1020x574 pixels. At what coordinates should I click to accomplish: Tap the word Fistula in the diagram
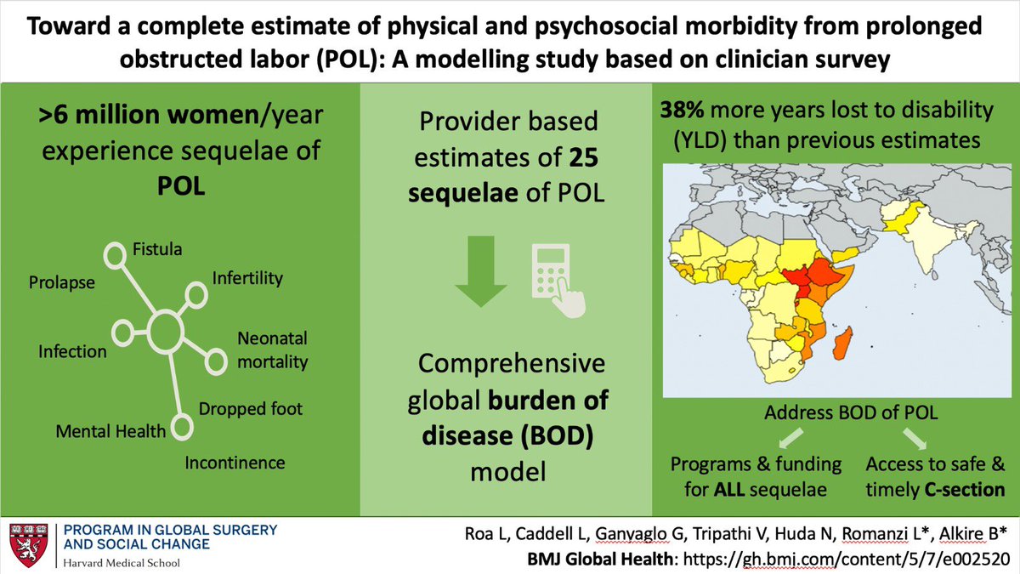pyautogui.click(x=158, y=250)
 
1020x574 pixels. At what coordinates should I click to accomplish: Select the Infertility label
pyautogui.click(x=247, y=278)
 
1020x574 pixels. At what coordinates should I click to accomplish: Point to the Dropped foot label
pyautogui.click(x=250, y=408)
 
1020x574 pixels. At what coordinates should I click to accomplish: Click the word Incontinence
pyautogui.click(x=235, y=463)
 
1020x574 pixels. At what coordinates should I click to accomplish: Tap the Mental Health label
pyautogui.click(x=110, y=431)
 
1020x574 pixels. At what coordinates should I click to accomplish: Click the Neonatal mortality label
pyautogui.click(x=272, y=350)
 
